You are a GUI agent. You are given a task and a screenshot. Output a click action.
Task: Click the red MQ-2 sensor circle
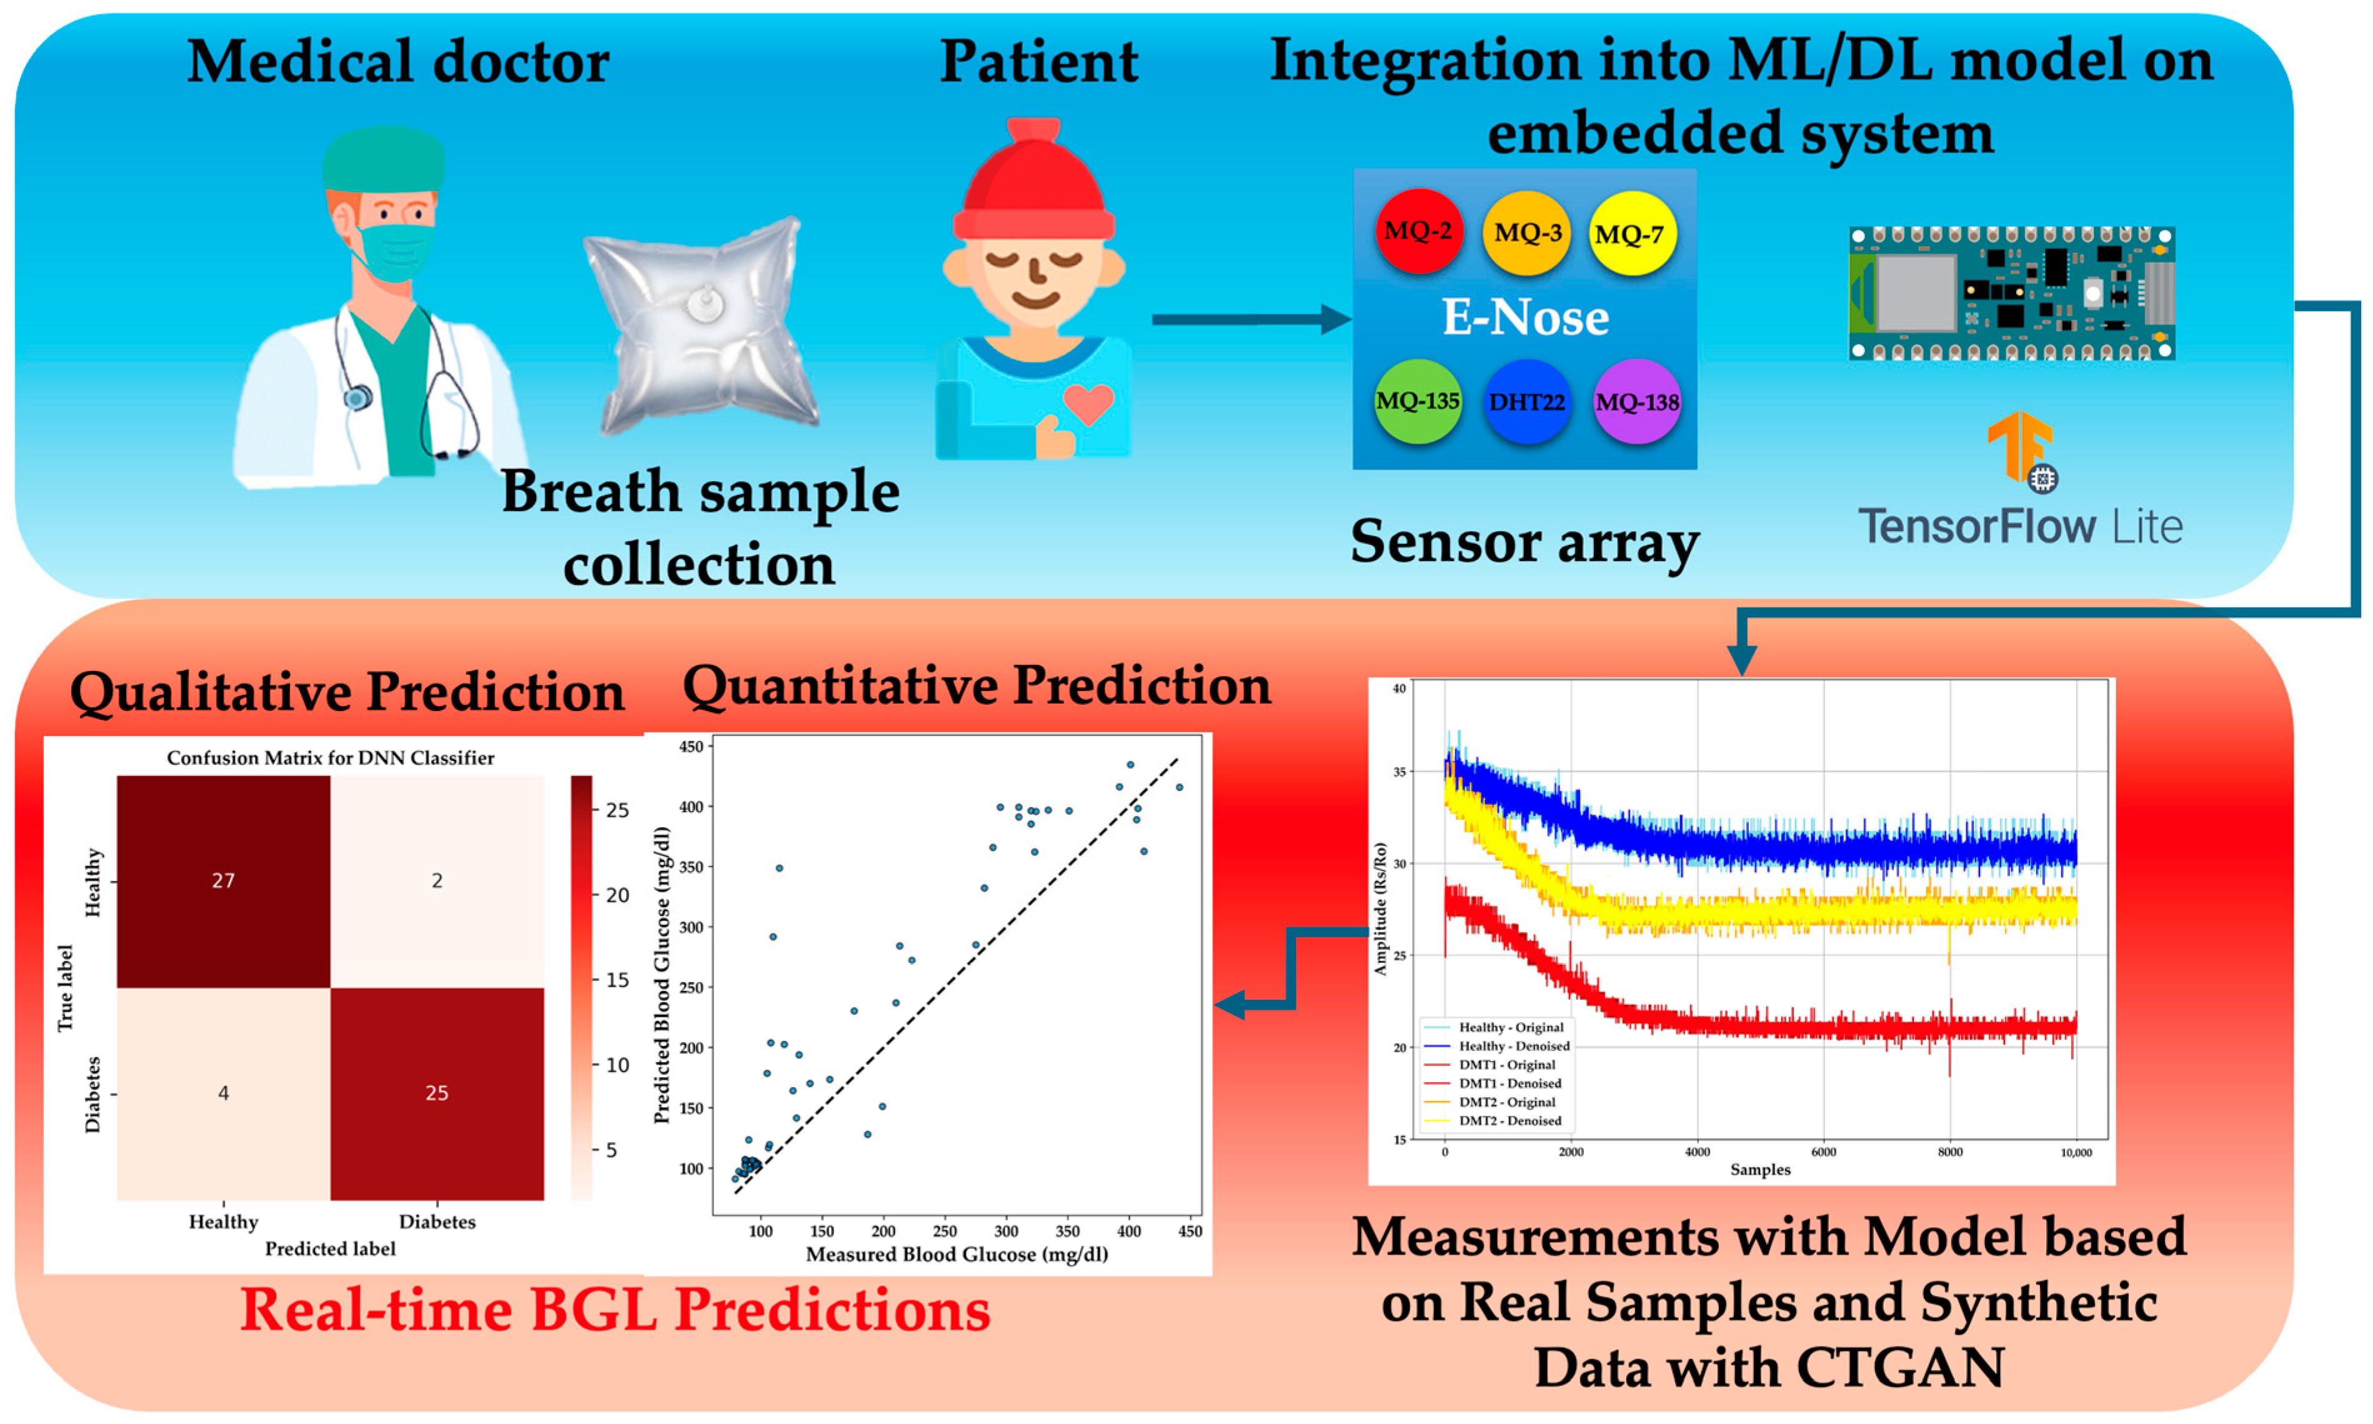pos(1418,231)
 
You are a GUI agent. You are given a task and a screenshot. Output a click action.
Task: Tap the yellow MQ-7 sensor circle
pos(1632,233)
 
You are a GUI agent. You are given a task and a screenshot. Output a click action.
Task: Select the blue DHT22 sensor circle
pos(1526,402)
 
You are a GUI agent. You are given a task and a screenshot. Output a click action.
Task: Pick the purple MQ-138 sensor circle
pos(1636,402)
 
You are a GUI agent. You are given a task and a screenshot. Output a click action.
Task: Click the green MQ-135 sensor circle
pos(1417,401)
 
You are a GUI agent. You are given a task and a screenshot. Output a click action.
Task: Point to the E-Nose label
pos(1525,317)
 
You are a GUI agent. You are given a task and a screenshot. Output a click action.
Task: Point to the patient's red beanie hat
pos(1033,187)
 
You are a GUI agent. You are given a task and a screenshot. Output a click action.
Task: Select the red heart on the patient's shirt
pos(1088,403)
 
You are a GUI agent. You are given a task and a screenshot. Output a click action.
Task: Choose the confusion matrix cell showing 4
pos(224,1093)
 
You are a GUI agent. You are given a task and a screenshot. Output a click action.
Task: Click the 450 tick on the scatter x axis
pos(1190,1231)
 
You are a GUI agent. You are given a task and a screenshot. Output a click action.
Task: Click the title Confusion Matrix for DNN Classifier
pos(330,758)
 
